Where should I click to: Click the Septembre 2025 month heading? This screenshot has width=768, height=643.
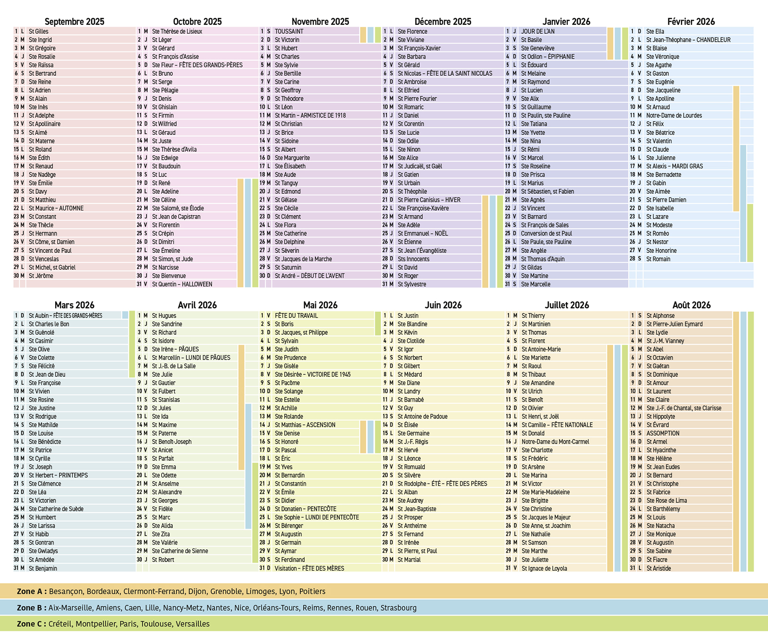(74, 22)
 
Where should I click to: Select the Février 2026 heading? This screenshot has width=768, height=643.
(691, 22)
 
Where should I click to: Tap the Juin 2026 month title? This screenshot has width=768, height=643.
(443, 305)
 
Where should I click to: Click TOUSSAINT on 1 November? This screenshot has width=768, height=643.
(289, 31)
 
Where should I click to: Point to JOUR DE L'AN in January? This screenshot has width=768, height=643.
(537, 31)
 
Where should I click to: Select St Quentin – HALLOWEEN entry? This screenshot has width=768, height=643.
(182, 284)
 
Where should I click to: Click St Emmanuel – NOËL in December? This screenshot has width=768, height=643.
(423, 233)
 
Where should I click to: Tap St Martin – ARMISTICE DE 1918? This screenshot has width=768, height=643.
(310, 115)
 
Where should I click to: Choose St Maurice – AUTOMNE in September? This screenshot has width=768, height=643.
(56, 208)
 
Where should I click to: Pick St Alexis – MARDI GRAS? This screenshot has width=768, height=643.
(674, 166)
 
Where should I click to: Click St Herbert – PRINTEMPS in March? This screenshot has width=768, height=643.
(58, 475)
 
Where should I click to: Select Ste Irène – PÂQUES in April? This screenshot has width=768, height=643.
(175, 349)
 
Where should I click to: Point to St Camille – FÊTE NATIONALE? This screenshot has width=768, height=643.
(557, 425)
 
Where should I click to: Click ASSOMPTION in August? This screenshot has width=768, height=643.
(663, 433)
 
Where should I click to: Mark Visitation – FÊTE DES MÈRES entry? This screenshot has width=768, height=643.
(309, 568)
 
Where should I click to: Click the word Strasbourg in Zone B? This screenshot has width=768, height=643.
(398, 608)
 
